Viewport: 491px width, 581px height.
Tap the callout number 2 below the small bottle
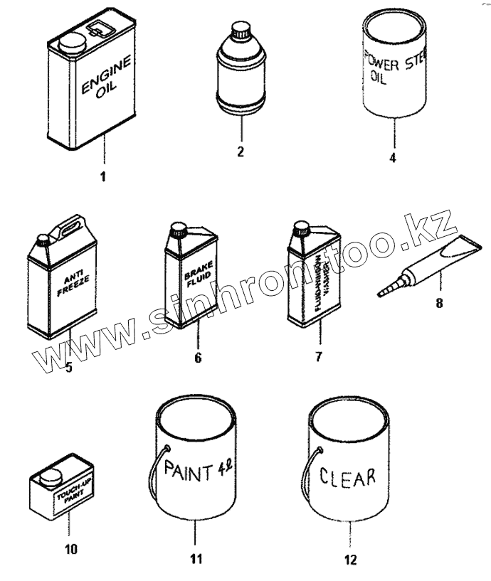coord(241,151)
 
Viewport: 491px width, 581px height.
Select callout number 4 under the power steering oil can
coord(392,157)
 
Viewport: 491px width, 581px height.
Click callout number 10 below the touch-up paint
coord(71,549)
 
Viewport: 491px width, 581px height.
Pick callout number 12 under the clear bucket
coord(349,560)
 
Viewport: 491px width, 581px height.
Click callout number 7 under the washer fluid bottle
coord(319,356)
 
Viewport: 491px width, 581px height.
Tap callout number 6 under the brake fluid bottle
coord(197,357)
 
